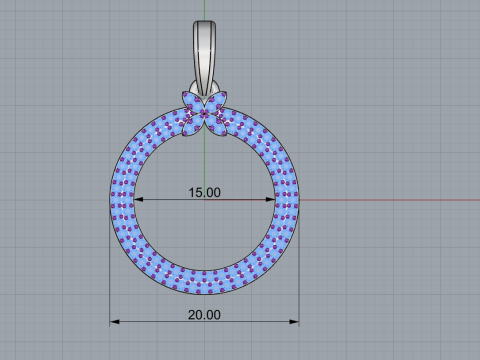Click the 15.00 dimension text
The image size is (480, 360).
point(204,192)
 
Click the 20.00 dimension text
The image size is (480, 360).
point(204,314)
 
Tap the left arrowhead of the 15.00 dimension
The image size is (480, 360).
point(139,199)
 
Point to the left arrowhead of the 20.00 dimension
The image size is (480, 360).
point(115,321)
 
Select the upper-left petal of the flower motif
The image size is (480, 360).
point(190,101)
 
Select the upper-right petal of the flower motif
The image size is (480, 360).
point(219,101)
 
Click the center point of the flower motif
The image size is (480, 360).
point(204,113)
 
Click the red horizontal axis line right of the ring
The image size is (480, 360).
point(390,199)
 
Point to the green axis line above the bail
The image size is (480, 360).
point(204,10)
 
